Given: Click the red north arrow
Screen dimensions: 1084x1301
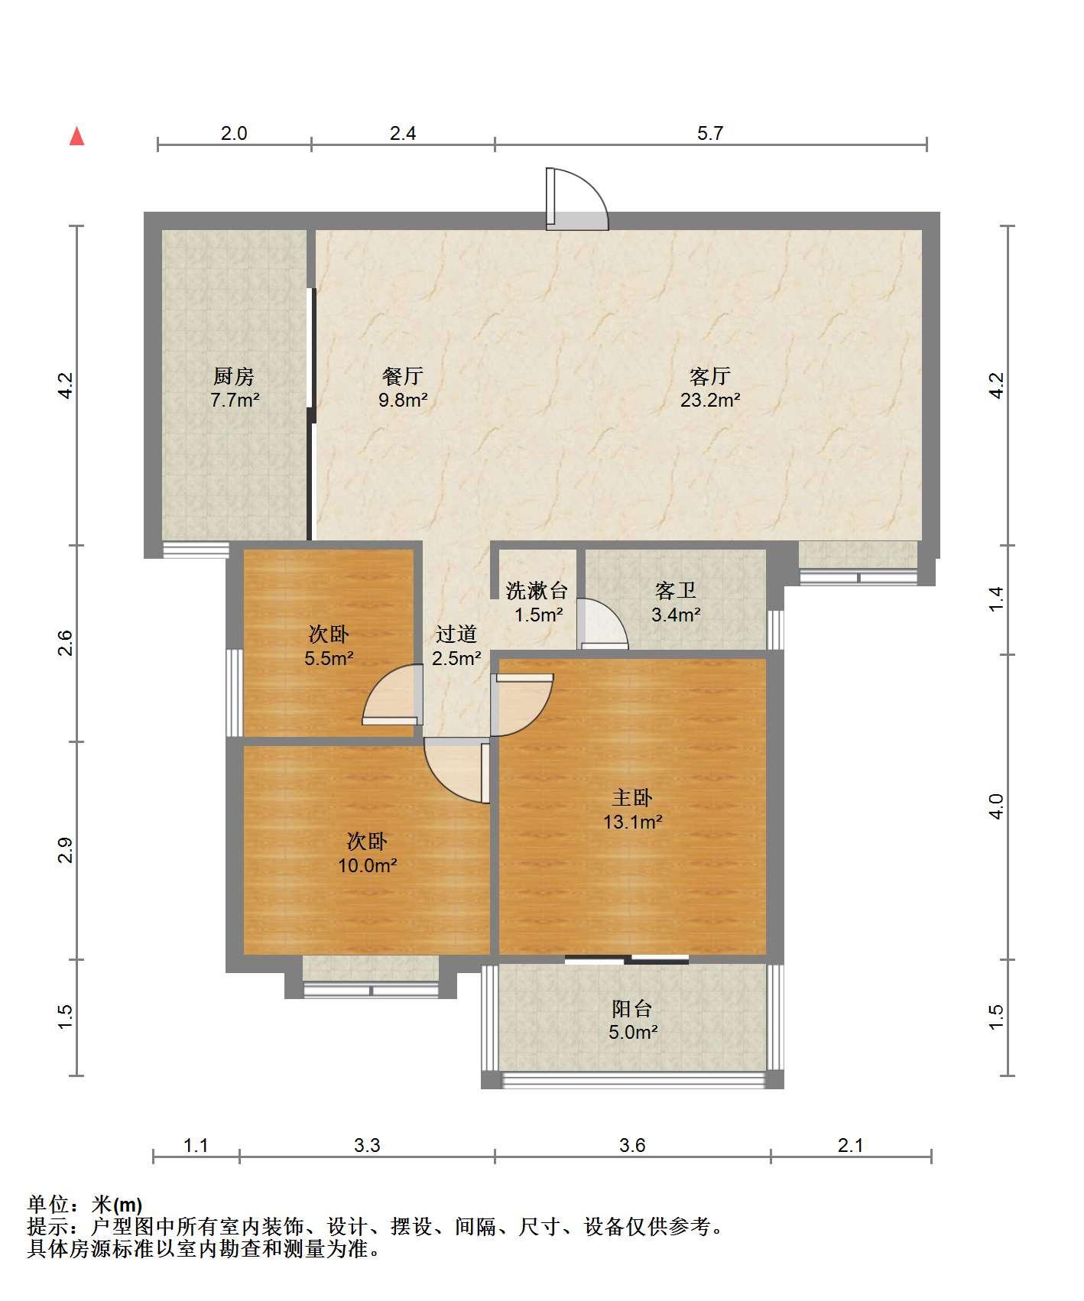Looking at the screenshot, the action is pos(76,136).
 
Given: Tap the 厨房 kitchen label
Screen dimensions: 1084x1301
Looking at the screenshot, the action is pos(233,376).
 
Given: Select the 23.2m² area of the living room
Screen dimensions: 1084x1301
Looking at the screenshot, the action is pos(710,400).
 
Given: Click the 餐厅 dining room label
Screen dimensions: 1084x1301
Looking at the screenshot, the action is pos(403,376).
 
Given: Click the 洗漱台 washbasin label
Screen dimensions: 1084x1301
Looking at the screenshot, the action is pos(537,590).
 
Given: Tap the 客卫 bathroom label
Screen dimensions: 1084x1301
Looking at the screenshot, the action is pos(675,590).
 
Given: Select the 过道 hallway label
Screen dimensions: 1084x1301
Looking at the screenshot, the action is pos(456,634).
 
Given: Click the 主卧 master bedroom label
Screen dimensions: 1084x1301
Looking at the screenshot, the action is pos(632,798).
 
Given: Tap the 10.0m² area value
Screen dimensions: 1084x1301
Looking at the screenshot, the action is pos(368,865).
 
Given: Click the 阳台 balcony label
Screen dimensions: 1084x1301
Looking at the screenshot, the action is pos(632,1008).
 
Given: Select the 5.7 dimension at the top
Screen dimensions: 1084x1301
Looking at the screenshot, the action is pos(710,133).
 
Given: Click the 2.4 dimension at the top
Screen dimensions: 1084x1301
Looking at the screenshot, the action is pos(403,133).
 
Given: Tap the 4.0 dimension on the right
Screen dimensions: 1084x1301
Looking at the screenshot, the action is pos(996,806).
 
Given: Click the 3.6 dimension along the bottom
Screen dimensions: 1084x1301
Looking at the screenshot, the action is pos(632,1145).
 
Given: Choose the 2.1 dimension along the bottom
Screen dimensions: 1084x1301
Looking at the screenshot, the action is pos(851,1145).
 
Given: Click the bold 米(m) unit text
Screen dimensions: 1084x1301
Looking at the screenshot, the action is pos(117,1205).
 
